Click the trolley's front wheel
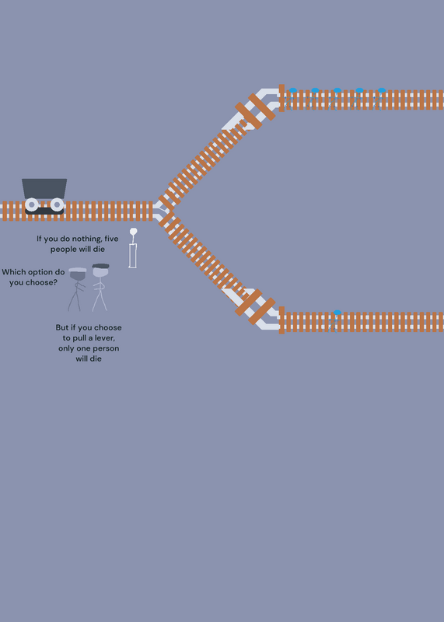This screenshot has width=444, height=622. coord(57,204)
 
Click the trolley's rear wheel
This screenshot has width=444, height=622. coord(32,204)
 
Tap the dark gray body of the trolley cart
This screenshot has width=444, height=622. coord(44,188)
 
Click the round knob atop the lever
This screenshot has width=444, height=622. coord(133,231)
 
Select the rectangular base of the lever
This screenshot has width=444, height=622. coord(132,256)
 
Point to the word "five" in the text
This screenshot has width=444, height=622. coord(111,239)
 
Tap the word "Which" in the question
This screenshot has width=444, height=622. coord(12,272)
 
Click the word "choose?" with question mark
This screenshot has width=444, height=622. coord(41,282)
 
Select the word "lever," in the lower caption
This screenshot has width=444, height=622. coord(104,338)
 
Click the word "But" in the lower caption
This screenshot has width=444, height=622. coord(62,327)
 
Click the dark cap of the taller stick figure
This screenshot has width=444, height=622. coord(101,266)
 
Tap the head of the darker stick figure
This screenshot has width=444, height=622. coord(78,274)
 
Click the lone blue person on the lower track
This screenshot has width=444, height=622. coord(336,320)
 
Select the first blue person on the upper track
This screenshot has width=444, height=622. coord(292,99)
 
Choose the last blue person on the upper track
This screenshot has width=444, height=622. coord(380,99)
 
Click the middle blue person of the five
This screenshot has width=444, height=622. coord(336,99)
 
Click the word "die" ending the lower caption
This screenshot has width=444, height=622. coord(95,358)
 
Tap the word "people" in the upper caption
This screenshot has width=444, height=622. coord(63,250)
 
